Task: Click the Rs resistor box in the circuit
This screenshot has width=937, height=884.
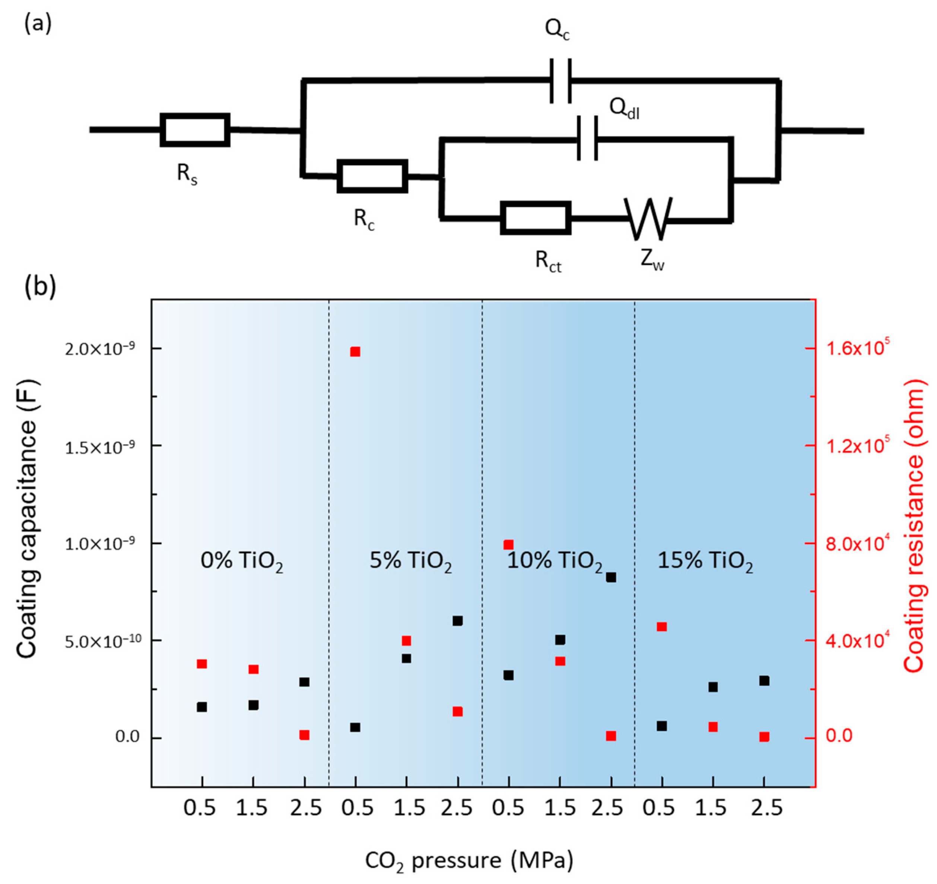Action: [x=195, y=129]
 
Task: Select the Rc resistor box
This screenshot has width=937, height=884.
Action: [x=372, y=176]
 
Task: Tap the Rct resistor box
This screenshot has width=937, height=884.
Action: [x=535, y=218]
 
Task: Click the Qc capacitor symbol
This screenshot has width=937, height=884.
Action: [x=561, y=81]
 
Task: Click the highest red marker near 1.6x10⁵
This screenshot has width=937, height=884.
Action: [x=355, y=352]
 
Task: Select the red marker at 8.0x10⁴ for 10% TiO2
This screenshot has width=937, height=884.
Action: [x=508, y=545]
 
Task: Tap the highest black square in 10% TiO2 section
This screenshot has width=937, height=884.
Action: [x=611, y=577]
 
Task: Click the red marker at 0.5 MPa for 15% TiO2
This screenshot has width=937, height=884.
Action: [x=662, y=627]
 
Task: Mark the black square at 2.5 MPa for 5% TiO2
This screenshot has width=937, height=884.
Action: [x=457, y=621]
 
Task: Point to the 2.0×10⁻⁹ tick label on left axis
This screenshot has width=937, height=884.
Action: [x=99, y=349]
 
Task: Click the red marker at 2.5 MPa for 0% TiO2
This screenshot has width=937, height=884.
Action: [x=304, y=735]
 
